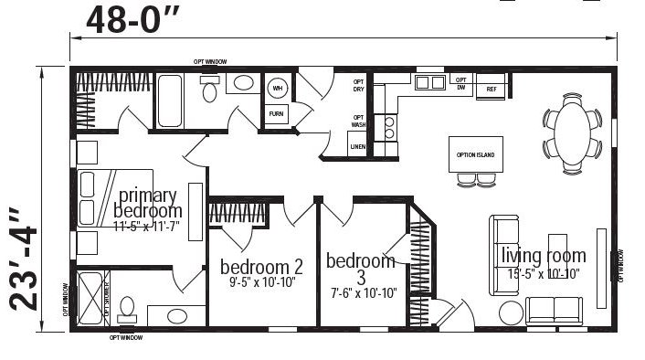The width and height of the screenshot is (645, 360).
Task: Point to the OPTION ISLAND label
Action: pos(475,154)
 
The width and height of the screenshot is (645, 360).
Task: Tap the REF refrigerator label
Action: pos(492,89)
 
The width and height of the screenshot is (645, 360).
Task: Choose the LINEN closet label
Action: pos(358,146)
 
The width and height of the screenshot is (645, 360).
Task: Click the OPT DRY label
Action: pos(359,86)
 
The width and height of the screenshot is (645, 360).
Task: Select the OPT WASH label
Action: pos(359,122)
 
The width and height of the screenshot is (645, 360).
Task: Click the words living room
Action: pos(543,255)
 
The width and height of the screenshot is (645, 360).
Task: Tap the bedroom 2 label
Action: pos(261,267)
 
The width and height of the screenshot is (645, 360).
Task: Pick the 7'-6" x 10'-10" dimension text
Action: pos(362,292)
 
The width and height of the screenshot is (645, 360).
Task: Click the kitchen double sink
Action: pos(428,84)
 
